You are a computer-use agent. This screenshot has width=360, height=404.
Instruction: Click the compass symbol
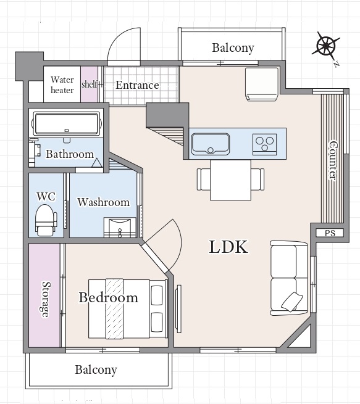coord(326,46)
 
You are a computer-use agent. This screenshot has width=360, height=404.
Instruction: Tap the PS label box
coord(330,233)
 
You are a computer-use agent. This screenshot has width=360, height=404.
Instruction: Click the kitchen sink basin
coord(211,144)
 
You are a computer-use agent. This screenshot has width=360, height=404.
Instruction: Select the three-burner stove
coord(264,144)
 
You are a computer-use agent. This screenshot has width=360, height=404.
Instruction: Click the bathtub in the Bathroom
coord(67,123)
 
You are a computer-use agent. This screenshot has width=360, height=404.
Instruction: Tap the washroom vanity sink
coord(120,228)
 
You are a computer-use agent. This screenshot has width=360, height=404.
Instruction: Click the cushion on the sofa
coord(291,302)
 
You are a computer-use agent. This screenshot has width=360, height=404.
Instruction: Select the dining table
coord(230,180)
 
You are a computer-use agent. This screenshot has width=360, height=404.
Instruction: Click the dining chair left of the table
coord(204,179)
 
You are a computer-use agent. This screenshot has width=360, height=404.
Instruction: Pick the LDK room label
coord(228,247)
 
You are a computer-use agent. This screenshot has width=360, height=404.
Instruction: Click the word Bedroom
coord(108,297)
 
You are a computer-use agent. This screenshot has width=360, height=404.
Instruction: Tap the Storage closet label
coord(46,299)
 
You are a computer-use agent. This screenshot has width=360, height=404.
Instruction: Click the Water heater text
coord(62,85)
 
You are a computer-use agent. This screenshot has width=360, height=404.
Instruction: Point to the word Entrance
coord(137,85)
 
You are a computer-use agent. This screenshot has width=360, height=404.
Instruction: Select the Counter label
coord(333,160)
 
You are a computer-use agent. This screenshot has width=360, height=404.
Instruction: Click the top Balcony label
coord(233,48)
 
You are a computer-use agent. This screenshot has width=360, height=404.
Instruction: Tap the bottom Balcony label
coord(96,370)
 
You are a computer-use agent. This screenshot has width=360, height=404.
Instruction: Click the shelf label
coord(90,84)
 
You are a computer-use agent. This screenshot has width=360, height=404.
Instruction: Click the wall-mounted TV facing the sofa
coord(178,308)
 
